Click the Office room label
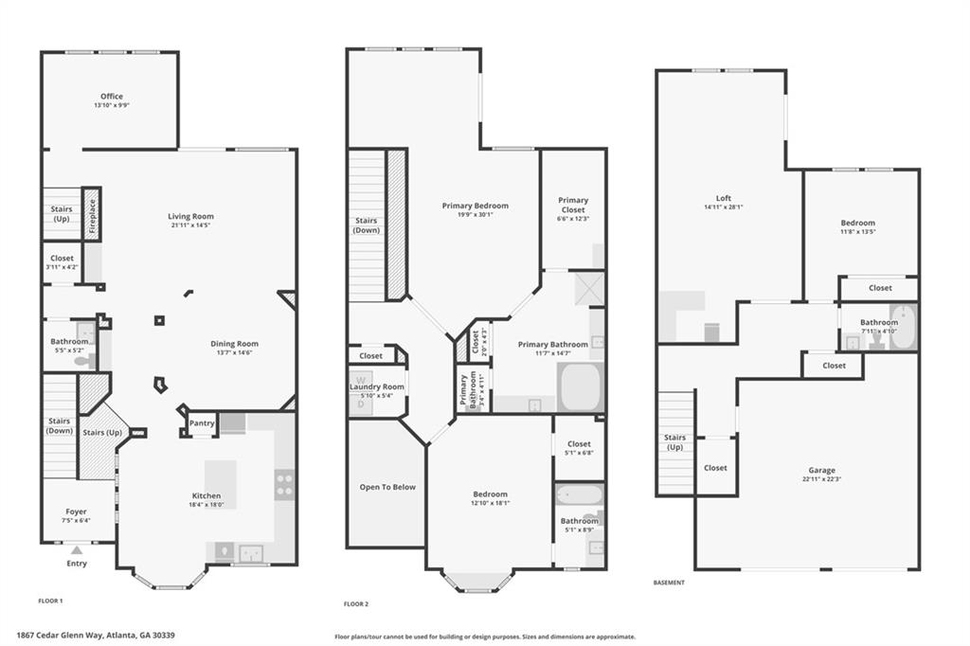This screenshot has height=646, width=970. click(x=112, y=97)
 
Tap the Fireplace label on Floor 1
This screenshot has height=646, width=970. click(x=92, y=215)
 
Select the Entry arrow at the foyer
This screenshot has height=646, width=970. click(x=77, y=549)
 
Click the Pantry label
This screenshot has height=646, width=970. click(x=202, y=423)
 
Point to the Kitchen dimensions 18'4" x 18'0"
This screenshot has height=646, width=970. click(x=207, y=506)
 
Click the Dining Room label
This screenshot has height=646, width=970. click(x=234, y=344)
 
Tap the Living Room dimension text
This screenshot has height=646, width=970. click(x=191, y=225)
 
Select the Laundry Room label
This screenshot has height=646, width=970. click(x=376, y=386)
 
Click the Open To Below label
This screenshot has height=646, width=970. click(x=386, y=487)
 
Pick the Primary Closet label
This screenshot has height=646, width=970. click(x=573, y=205)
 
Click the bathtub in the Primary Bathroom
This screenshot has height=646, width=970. click(x=580, y=387)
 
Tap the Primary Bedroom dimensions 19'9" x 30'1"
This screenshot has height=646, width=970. click(x=476, y=215)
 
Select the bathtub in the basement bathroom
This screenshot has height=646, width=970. click(x=903, y=327)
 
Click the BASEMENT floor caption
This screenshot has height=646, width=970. click(x=669, y=583)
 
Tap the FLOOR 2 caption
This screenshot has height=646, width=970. click(x=355, y=603)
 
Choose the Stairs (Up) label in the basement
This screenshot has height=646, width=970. click(x=674, y=441)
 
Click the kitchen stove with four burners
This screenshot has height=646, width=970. click(x=284, y=485)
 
